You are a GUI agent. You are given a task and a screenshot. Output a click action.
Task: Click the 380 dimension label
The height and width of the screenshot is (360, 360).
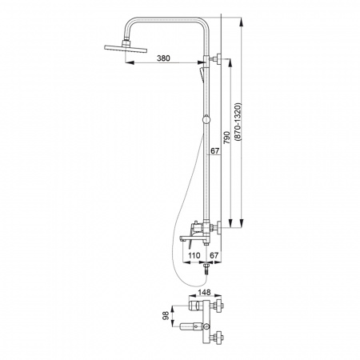pos(163,58)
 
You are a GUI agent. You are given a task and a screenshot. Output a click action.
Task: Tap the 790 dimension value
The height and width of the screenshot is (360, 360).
pos(226,138)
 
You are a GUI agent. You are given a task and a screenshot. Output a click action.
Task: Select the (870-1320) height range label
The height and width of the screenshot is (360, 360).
pos(238,122)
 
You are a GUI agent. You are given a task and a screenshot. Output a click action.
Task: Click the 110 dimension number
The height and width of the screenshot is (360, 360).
pos(194,255)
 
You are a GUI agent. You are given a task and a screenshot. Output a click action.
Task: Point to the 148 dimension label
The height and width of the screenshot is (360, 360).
pos(204,292)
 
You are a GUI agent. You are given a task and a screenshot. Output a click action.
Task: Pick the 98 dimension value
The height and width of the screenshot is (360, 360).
pos(166,316)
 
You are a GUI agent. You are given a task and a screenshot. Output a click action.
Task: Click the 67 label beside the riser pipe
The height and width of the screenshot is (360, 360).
pos(215,151)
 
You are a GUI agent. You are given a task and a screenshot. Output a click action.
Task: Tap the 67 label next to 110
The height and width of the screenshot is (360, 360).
pos(214,255)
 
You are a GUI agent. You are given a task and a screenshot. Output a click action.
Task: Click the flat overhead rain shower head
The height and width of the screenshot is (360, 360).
pos(126,49)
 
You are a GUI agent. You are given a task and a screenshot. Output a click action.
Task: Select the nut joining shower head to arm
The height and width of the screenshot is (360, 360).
pos(126,42)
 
